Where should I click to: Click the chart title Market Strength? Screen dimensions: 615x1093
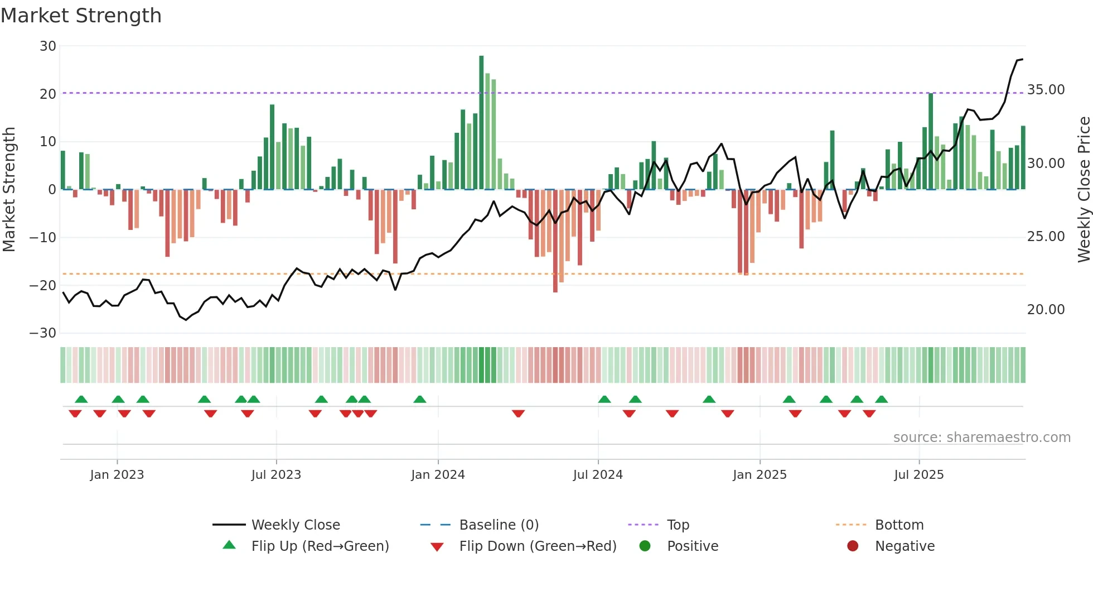(x=81, y=16)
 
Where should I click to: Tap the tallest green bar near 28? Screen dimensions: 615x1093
(x=481, y=123)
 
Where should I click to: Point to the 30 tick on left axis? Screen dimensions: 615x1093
(x=48, y=46)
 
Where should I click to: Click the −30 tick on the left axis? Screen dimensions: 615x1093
(x=43, y=333)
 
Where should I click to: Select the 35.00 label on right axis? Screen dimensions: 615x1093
(x=1046, y=90)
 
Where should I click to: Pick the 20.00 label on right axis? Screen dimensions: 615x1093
(x=1046, y=310)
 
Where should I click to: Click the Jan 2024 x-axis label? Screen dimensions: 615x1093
(x=438, y=475)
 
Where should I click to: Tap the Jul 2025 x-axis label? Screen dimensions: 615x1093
(x=918, y=475)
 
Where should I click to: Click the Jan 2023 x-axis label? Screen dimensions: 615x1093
(x=117, y=475)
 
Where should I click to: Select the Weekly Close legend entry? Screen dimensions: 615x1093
(x=295, y=525)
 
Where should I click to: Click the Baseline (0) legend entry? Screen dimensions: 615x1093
(x=499, y=525)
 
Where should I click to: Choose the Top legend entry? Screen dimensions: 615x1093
(x=678, y=525)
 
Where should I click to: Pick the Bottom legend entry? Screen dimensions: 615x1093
(x=899, y=525)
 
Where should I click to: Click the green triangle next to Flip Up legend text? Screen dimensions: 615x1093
(x=229, y=545)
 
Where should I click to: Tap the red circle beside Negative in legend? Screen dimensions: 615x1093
(x=853, y=546)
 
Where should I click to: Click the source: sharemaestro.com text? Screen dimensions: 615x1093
(x=981, y=438)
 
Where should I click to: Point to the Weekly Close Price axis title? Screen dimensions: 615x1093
(x=1084, y=190)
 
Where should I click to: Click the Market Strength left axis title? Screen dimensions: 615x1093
(x=9, y=190)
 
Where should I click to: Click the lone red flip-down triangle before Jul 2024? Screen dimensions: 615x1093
(x=518, y=414)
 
